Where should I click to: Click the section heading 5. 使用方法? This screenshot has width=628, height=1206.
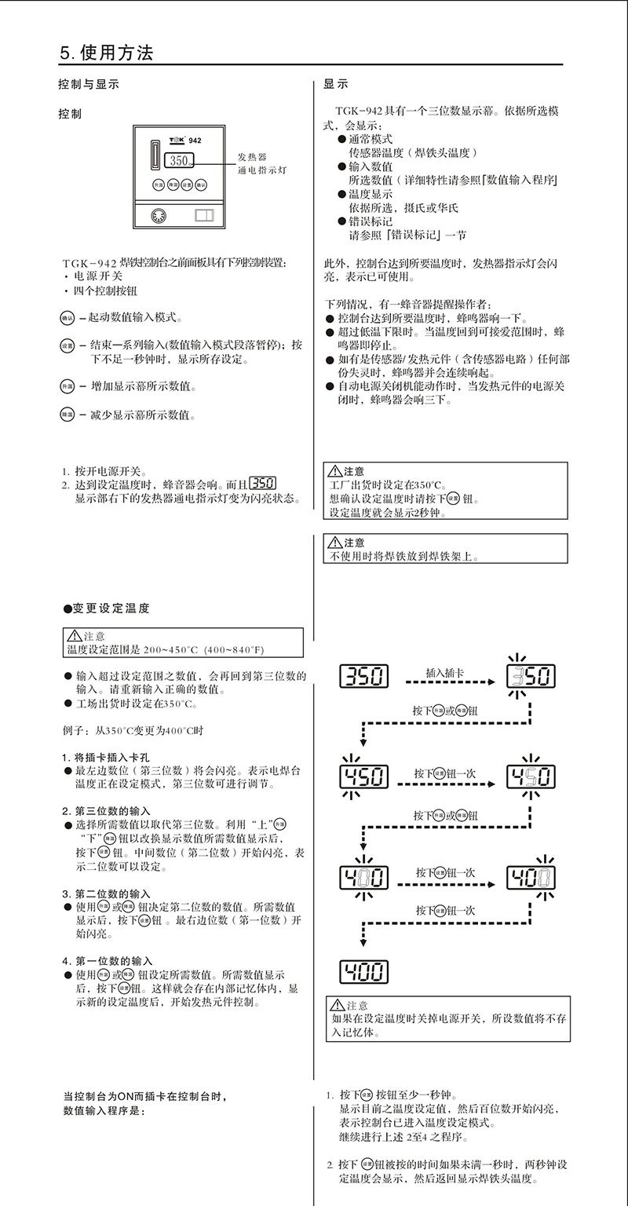tap(106, 53)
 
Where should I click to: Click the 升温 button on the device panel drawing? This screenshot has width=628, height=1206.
tap(159, 185)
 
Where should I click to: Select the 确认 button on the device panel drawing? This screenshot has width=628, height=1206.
tap(201, 185)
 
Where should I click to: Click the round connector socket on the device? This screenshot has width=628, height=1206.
tap(155, 216)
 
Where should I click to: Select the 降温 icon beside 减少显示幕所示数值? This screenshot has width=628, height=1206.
tap(66, 415)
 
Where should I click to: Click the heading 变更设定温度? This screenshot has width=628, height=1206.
tap(110, 608)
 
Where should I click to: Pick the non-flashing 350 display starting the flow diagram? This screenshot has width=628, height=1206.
tap(366, 675)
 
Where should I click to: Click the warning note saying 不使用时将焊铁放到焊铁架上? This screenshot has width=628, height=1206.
tap(404, 556)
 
